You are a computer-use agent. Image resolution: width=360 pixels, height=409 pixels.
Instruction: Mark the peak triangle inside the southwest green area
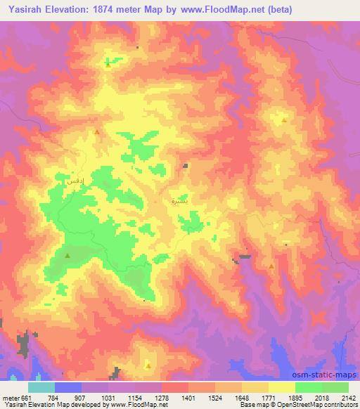[x=67, y=256]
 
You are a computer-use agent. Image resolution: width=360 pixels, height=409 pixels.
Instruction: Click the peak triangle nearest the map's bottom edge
[x=148, y=365]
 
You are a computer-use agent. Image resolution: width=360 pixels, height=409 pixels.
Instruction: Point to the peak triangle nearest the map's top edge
[x=108, y=63]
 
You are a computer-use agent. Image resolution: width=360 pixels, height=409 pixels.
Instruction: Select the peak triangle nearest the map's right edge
[x=284, y=119]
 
